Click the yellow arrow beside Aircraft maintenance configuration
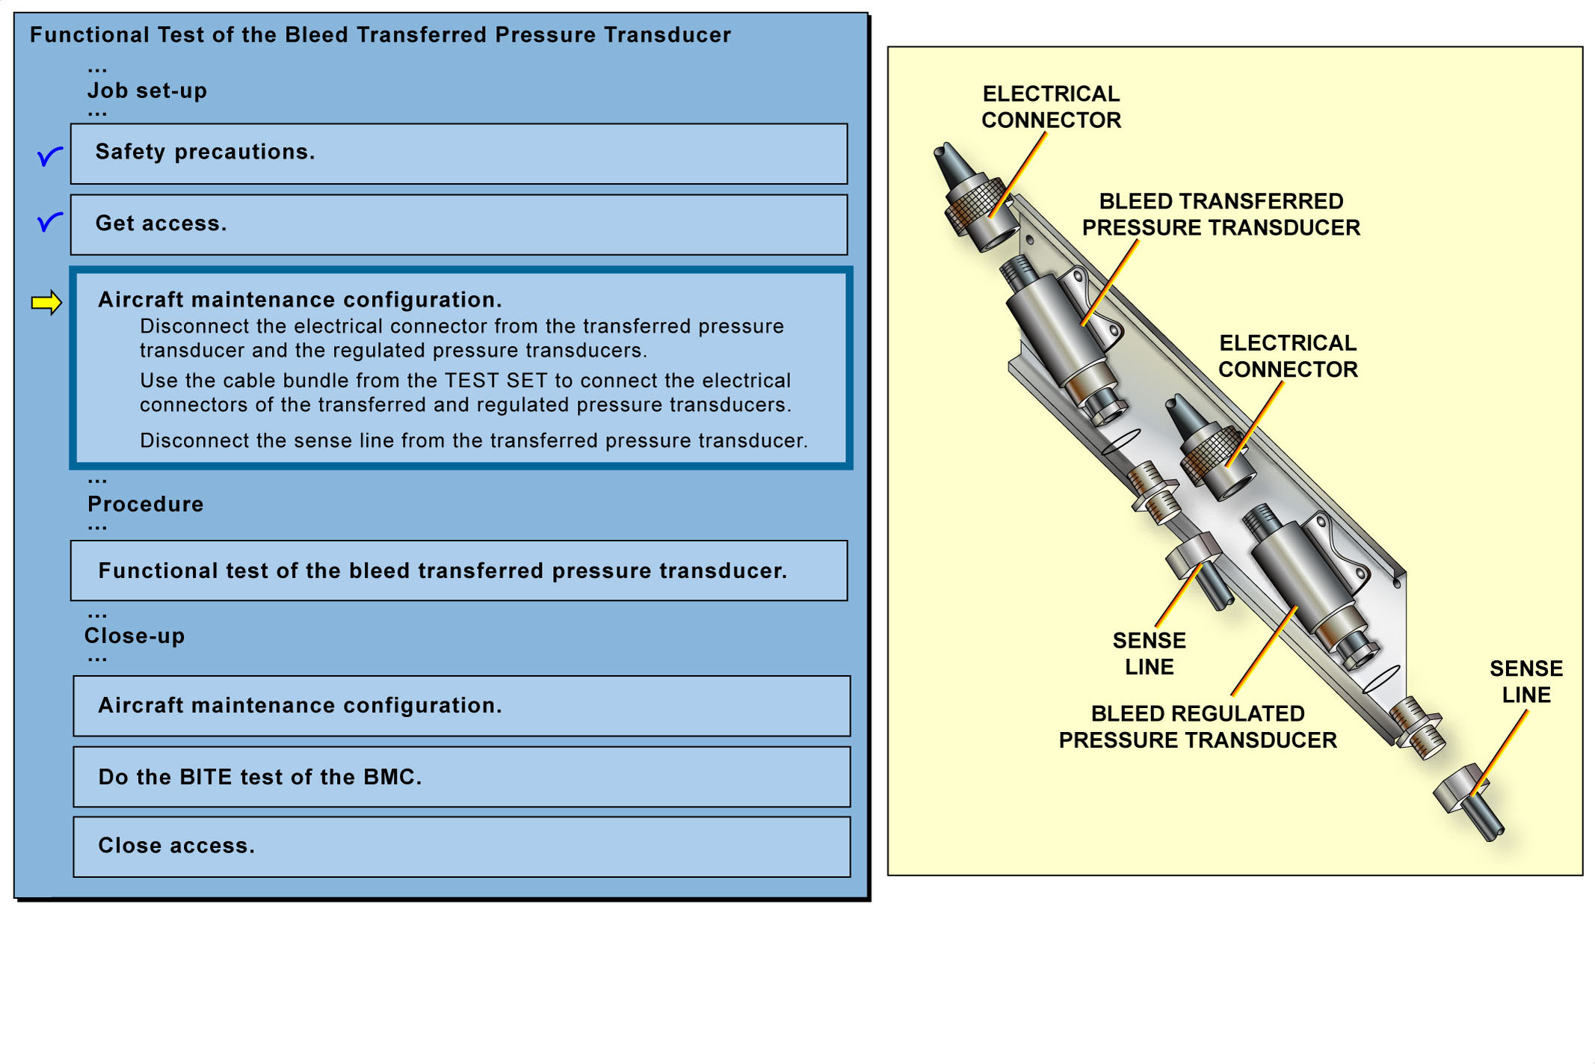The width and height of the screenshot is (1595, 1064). tap(46, 302)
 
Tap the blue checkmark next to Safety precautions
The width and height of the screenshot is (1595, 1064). tap(49, 156)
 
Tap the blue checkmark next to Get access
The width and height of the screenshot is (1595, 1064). tap(49, 221)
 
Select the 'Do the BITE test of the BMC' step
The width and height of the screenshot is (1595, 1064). tap(461, 777)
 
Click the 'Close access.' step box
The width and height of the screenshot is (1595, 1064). tap(461, 846)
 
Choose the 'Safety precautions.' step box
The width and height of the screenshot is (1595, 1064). tap(458, 153)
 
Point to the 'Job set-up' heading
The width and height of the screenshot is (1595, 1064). tap(147, 90)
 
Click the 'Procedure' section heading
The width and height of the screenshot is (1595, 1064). tap(146, 504)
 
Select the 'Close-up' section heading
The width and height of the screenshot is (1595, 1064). tap(135, 636)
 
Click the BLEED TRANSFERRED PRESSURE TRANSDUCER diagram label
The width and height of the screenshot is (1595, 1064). tap(1221, 215)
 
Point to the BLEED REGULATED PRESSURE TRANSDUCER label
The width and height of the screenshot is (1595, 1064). tap(1197, 727)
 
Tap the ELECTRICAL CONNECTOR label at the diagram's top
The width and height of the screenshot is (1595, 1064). tap(1051, 107)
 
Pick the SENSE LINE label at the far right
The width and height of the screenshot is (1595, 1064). tap(1525, 681)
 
